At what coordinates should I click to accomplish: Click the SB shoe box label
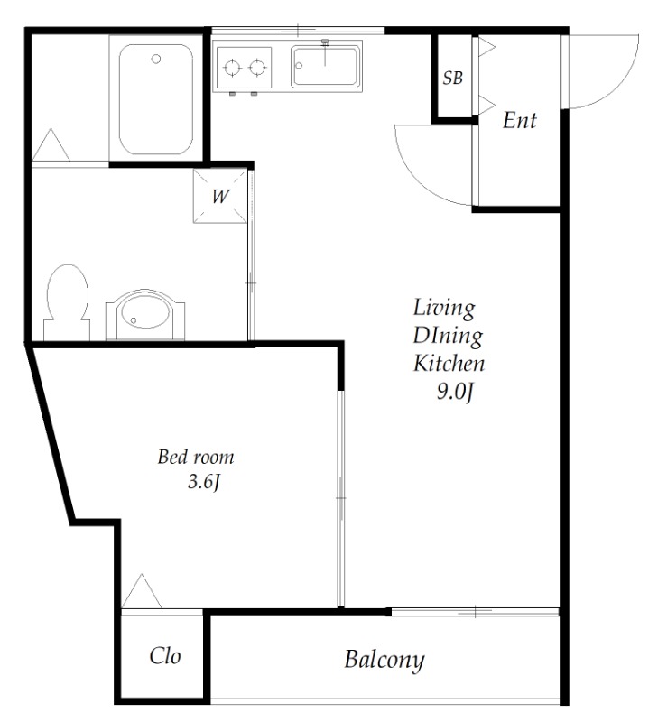pos(452,78)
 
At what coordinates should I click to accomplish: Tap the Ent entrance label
pos(520,120)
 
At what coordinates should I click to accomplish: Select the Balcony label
pos(384,661)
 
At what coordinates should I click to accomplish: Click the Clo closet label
pos(165,656)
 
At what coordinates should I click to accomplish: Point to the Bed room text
pos(196,457)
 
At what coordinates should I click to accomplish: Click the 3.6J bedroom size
pos(204,482)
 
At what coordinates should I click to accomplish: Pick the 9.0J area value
pos(455,392)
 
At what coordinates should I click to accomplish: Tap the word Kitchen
pos(449,364)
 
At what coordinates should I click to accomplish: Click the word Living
pos(444,308)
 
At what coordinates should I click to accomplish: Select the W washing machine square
pos(220,196)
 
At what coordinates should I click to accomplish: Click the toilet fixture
pos(68,301)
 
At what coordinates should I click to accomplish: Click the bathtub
pos(156,99)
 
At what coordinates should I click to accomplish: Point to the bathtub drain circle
pos(156,59)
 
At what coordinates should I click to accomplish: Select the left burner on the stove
pos(232,68)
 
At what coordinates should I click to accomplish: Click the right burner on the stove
pos(257,68)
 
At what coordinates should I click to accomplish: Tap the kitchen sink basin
pos(326,66)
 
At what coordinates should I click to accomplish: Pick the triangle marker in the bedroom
pos(142,591)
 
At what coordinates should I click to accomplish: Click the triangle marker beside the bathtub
pos(51,144)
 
